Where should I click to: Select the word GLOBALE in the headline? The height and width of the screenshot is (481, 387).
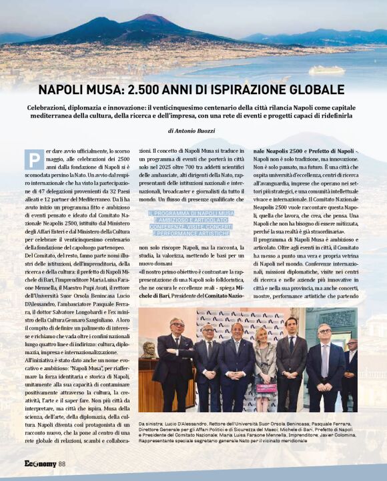(319, 89)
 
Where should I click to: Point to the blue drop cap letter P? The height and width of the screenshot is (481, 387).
(33, 159)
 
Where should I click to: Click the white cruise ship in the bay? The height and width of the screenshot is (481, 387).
(326, 69)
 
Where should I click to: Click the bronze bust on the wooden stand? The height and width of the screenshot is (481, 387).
(150, 349)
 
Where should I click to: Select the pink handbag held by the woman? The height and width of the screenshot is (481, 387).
(266, 387)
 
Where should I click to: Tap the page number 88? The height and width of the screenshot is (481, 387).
(61, 464)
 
